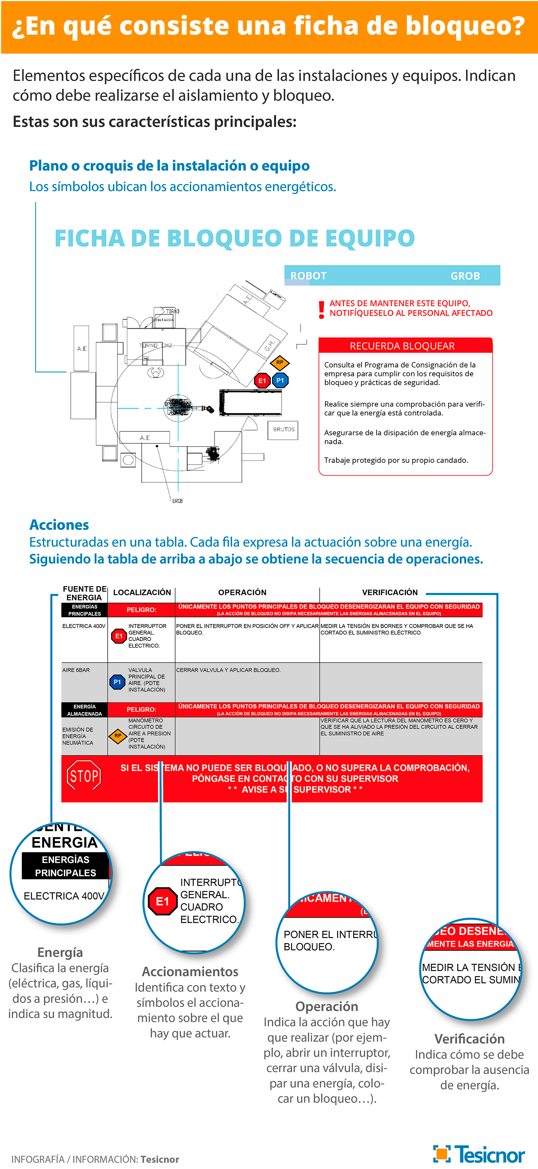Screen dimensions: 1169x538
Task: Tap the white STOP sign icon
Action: (x=84, y=775)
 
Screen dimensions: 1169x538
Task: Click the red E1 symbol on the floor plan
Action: (x=262, y=381)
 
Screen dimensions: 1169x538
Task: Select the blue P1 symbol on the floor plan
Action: (x=280, y=380)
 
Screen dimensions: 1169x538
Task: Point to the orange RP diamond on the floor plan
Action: (x=280, y=362)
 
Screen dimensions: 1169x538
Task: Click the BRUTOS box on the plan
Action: (x=284, y=429)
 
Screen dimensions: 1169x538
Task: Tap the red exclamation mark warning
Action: (x=321, y=309)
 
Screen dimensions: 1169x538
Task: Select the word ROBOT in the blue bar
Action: (x=308, y=276)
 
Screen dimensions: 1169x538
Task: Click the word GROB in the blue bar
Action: (x=465, y=276)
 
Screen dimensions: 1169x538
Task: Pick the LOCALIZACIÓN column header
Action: (x=142, y=592)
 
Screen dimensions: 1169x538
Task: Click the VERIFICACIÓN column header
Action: (x=390, y=592)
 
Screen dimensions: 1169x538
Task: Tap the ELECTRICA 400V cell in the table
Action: (x=84, y=626)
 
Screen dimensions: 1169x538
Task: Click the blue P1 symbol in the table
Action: (x=117, y=682)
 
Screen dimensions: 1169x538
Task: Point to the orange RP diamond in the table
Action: (x=118, y=736)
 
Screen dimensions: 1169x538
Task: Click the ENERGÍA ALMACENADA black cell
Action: (x=84, y=710)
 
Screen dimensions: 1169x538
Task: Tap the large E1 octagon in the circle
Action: (x=162, y=901)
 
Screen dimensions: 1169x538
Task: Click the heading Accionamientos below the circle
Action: (x=190, y=971)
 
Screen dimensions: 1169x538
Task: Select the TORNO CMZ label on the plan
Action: (x=155, y=345)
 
